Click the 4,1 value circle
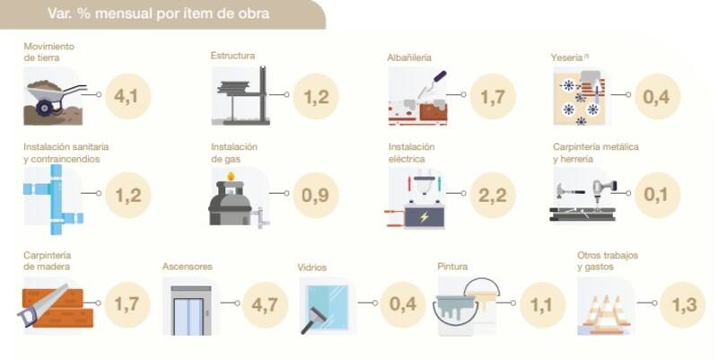pos(127,96)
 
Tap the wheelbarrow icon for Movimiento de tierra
pos(54,97)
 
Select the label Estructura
pos(232,56)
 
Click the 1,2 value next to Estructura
pos(316,96)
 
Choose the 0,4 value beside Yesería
pos(657,96)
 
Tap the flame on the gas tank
pos(231,176)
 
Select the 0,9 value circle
pos(316,195)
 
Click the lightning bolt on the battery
pos(425,216)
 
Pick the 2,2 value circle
pos(493,195)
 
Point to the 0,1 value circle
pos(657,195)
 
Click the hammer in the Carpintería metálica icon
pos(570,190)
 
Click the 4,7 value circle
pos(265,304)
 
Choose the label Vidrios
pos(311,268)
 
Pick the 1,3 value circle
pos(683,304)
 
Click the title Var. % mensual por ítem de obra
pos(159,13)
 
